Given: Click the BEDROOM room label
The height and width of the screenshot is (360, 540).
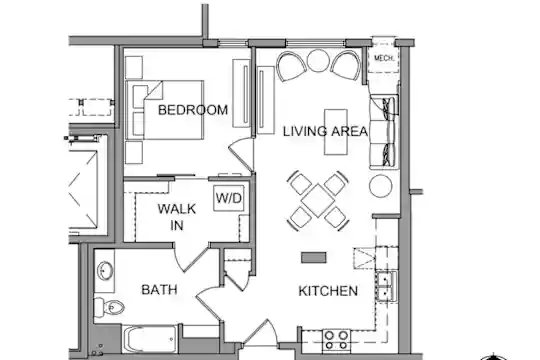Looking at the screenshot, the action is pos(193,110).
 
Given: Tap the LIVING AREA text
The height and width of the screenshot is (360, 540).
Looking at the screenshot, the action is pos(325,131).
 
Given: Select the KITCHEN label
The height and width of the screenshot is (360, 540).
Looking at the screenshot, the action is pos(328,291).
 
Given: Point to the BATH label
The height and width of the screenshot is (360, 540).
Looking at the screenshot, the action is pos(159,289).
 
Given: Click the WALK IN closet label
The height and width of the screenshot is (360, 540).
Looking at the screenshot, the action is pos(177,217).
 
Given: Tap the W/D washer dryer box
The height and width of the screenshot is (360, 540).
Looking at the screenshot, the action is pos(229,198).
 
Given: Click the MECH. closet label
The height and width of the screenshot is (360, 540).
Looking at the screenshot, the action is pos(384,58).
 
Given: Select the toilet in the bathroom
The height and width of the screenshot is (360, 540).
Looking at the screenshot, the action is pos(109,307).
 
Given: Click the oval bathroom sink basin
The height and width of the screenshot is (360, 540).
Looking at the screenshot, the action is pos(105,270).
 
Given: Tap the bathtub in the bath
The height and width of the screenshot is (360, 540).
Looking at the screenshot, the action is pos(150,339).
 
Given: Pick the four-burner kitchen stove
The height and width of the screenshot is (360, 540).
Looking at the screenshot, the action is pos(336,340).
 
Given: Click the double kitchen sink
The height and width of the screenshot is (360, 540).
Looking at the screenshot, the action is pos(386,287).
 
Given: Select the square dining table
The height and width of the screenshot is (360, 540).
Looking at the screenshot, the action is pos(318,200).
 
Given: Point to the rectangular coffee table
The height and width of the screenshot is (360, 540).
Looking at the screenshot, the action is pos(336,132).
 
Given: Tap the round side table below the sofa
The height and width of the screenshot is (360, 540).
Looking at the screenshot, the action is pos(381,186).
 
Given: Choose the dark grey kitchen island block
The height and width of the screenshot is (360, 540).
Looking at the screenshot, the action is pos(314,258).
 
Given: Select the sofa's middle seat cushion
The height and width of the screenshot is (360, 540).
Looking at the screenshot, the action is pos(382,132).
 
